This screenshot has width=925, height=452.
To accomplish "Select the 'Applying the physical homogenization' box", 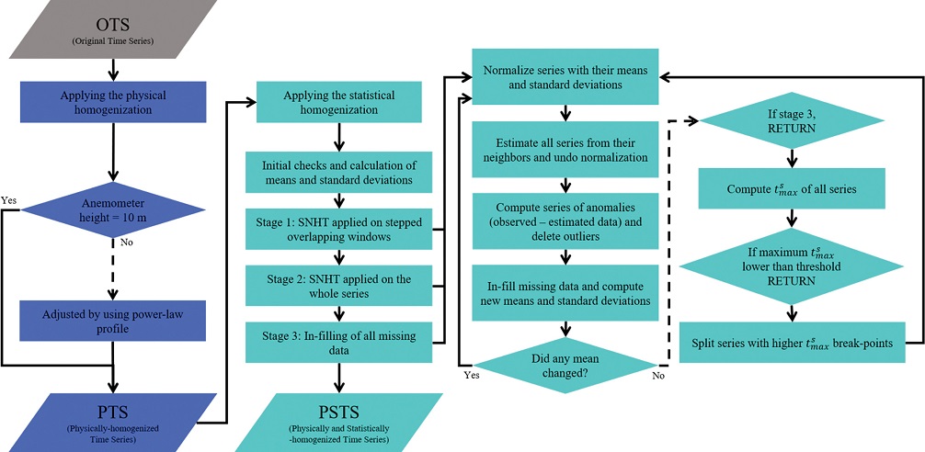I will tap(112, 102).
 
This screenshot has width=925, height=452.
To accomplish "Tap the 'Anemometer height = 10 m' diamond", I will tap(112, 210).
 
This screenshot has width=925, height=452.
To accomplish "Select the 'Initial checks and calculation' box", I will tap(338, 172).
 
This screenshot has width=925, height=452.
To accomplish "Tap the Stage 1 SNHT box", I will tap(338, 229).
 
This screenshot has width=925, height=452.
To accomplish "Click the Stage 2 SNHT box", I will tap(338, 286).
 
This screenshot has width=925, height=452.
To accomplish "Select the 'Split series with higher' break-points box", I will tap(793, 342).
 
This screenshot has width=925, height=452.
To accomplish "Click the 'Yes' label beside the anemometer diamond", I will tap(11, 198).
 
